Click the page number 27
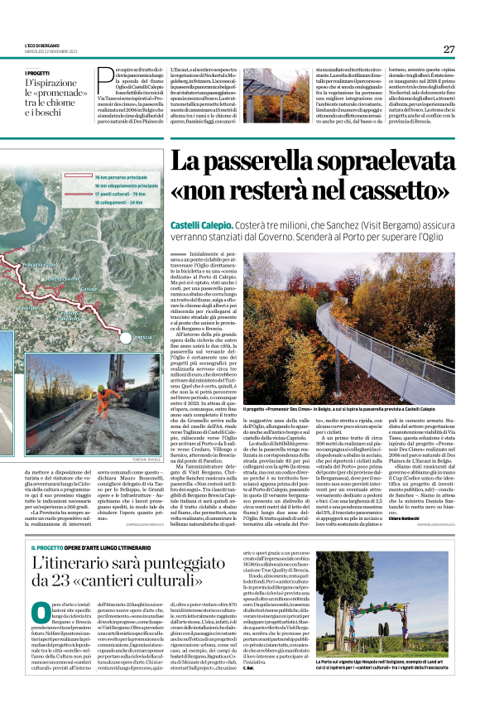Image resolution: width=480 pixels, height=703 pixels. point(449,49)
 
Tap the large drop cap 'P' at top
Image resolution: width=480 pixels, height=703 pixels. point(103,79)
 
